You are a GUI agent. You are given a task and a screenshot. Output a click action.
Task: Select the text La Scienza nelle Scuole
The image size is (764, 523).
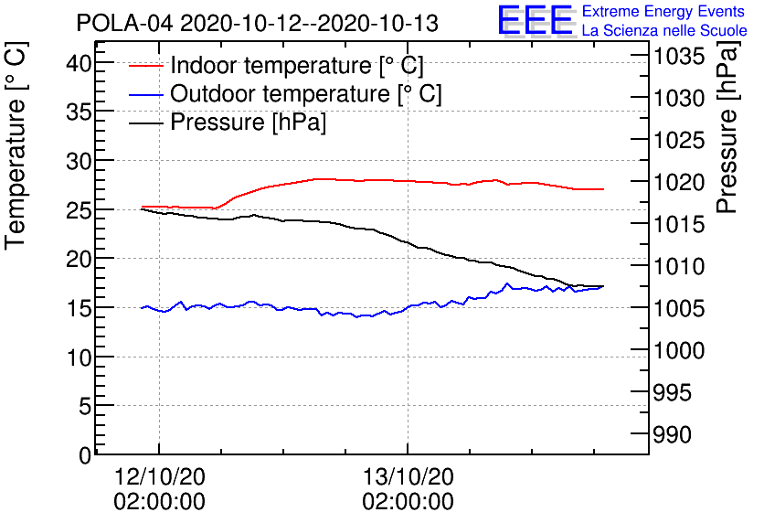pos(664,31)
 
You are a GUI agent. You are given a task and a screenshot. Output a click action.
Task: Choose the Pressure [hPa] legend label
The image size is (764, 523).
pos(248,123)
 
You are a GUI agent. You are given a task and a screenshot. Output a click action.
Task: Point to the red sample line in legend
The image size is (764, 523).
pos(146,67)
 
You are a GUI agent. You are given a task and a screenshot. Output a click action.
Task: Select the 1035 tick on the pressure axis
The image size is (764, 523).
pos(678,57)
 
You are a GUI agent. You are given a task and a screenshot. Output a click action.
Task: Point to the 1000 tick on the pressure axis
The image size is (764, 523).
pos(678,350)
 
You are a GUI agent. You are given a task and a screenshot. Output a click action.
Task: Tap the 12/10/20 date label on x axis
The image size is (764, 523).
pos(159,476)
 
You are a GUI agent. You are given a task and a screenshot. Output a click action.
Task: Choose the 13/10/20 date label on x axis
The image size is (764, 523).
pos(408,476)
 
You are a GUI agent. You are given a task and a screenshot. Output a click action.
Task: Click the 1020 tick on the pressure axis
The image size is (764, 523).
pos(678,183)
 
